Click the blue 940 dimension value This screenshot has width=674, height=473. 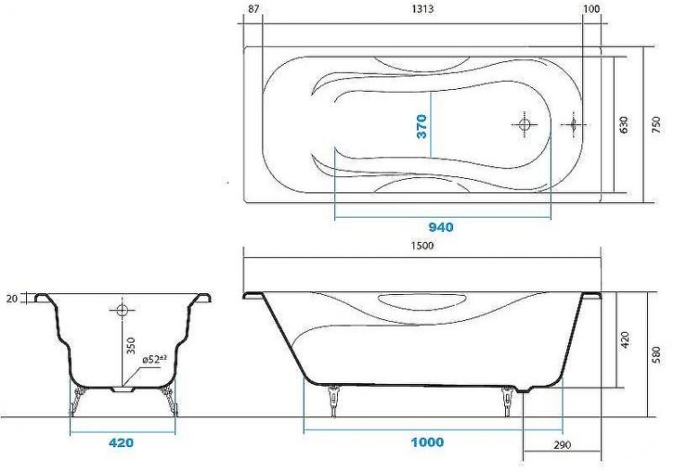coord(440,228)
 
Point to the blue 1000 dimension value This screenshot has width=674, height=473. coord(428,442)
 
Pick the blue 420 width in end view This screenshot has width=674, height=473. coord(121,442)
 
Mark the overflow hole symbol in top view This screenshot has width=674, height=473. coord(571,125)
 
